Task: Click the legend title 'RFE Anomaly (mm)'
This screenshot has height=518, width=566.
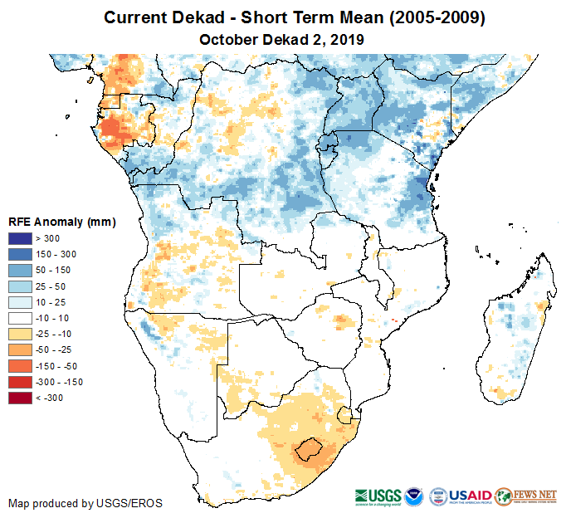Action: coord(61,222)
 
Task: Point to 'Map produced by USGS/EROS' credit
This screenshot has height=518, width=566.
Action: coord(85,503)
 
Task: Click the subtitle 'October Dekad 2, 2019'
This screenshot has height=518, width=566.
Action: coord(282,39)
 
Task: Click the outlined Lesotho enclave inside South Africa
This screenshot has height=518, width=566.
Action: coord(309,449)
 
